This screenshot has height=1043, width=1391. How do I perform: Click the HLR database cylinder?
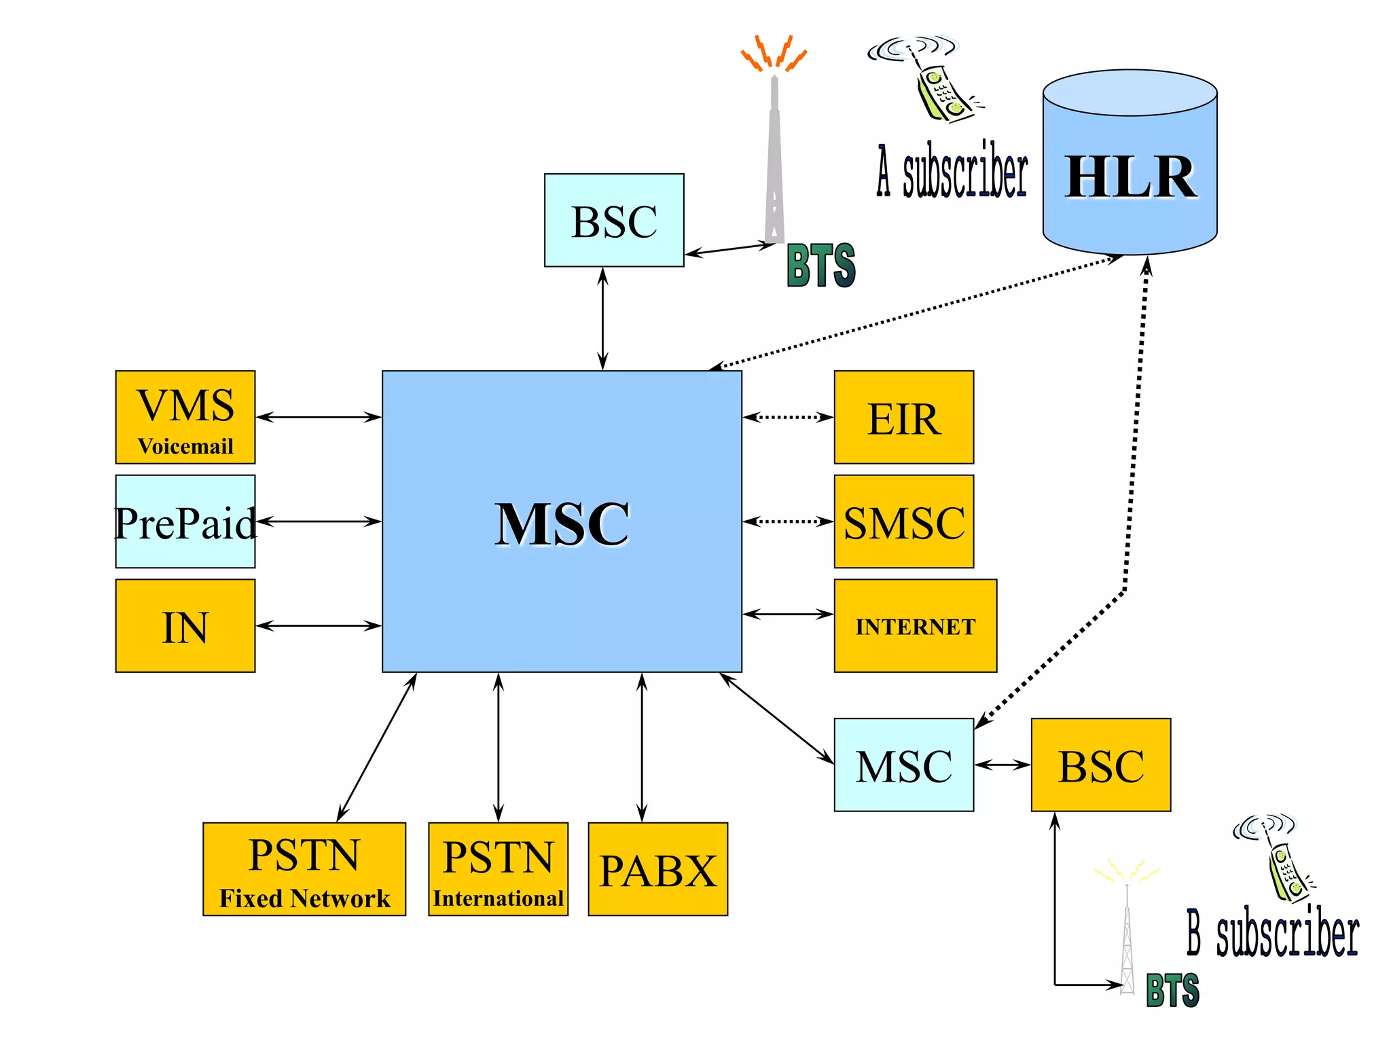point(1130,170)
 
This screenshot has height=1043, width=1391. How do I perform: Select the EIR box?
point(903,418)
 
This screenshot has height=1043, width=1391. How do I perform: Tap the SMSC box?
point(903,521)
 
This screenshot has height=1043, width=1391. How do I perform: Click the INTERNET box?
point(915,625)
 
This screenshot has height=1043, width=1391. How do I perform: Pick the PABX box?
point(657,869)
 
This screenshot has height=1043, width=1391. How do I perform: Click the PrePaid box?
point(185,521)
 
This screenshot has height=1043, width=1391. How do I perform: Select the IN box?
point(185,625)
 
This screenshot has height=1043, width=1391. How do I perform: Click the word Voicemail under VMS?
point(185,446)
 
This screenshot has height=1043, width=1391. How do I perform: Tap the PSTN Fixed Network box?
point(304,869)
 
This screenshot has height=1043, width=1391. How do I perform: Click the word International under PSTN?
point(498,898)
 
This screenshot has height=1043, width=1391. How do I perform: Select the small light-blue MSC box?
point(903,765)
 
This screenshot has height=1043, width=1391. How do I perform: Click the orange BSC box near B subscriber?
point(1100,765)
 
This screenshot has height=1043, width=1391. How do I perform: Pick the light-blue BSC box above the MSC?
point(614,220)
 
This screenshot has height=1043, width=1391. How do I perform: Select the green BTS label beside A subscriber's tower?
point(820,266)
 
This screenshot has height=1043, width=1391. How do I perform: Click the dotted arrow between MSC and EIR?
point(788,417)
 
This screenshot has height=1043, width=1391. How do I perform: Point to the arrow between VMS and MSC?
point(318,417)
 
